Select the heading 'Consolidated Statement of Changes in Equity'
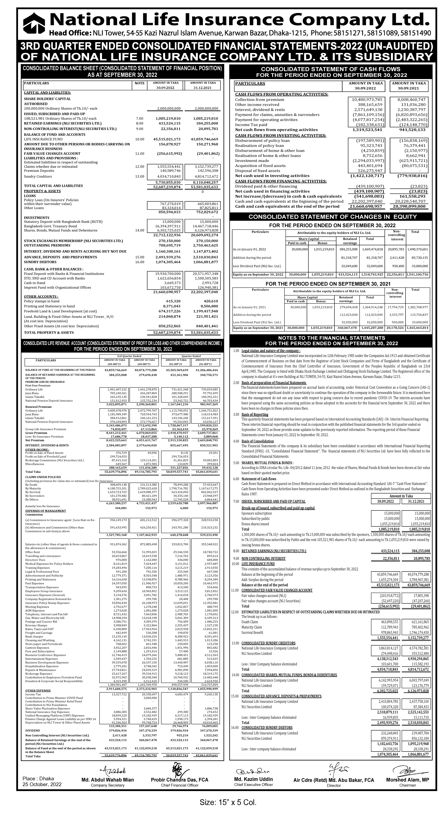[x=332, y=217]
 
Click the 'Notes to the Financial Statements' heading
[x=331, y=338]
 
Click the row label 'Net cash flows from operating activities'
[x=276, y=130]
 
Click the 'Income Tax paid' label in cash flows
[x=251, y=125]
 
